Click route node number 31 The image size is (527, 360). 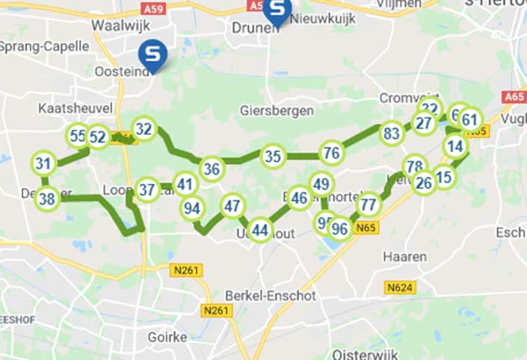[44, 164]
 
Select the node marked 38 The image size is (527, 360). [47, 199]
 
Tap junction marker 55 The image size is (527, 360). [78, 136]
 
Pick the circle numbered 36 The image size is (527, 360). [212, 169]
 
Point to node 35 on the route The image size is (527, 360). [274, 157]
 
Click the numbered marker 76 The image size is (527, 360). [332, 153]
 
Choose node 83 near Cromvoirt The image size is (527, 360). [391, 134]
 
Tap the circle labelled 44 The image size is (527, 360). [260, 230]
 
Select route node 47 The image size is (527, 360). [232, 205]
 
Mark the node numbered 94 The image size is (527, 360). [192, 208]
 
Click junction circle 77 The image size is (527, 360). [368, 203]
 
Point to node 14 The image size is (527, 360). [455, 146]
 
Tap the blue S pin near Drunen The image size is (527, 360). [279, 10]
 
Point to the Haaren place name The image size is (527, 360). [404, 257]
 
